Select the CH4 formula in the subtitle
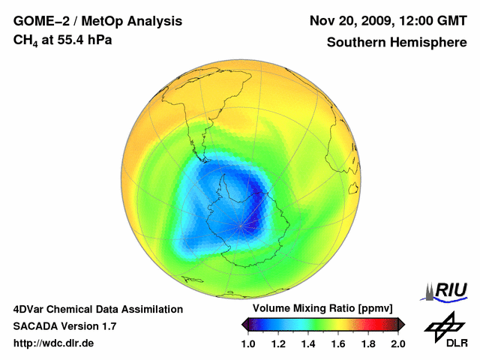tap(25, 40)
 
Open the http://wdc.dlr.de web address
tap(54, 343)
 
